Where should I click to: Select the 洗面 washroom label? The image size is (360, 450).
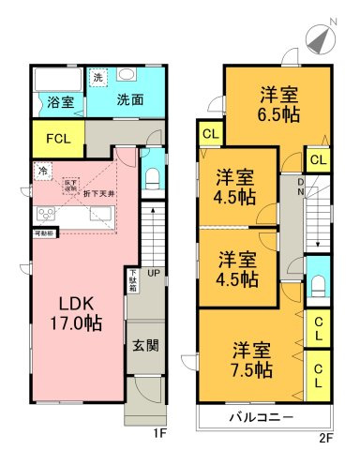point(129,100)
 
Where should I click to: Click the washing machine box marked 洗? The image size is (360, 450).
point(98,78)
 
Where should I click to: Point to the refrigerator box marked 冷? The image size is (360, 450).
point(43,171)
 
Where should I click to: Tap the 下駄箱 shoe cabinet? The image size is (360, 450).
point(133,280)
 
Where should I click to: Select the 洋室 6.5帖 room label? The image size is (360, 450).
point(278,102)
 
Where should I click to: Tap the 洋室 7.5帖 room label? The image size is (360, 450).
point(253,360)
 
